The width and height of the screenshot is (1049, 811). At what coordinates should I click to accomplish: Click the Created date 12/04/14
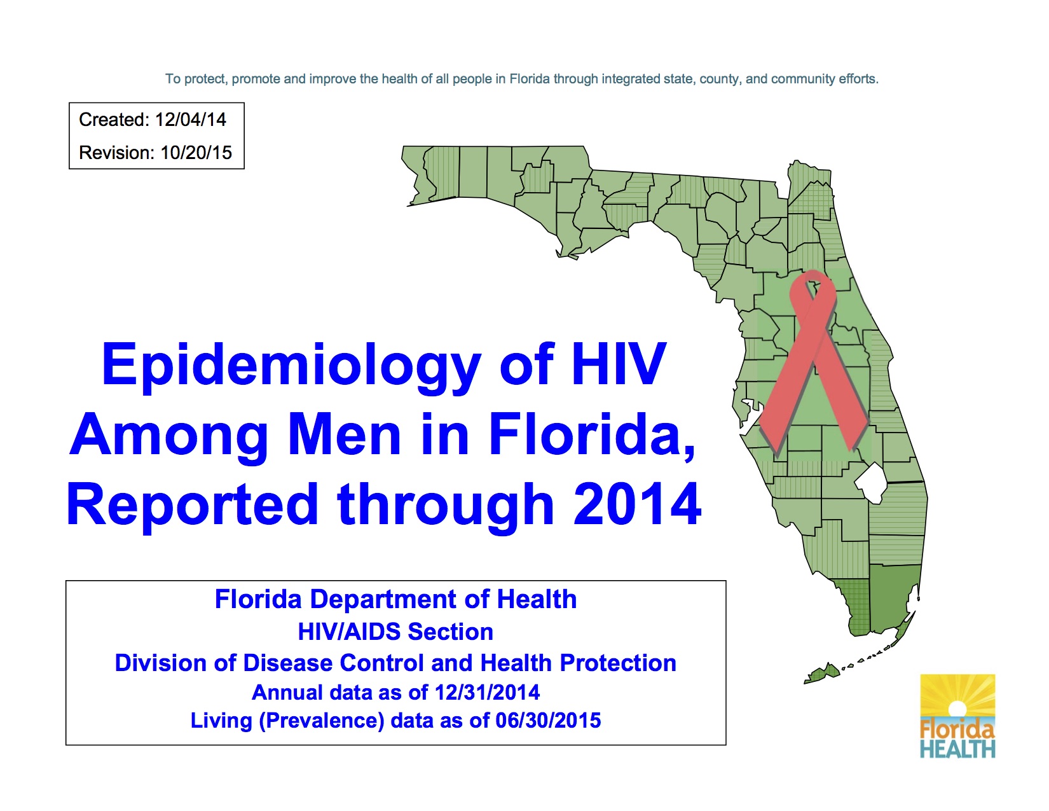[191, 120]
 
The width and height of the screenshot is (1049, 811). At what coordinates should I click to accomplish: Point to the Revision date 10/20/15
[196, 153]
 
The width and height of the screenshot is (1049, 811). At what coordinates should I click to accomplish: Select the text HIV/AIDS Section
[395, 632]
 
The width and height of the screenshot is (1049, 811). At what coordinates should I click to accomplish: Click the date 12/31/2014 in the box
[487, 692]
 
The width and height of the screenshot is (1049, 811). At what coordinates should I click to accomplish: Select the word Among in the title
[169, 435]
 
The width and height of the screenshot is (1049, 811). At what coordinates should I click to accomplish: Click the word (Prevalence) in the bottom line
[321, 721]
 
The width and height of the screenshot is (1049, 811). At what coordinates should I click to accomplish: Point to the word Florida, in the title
[591, 435]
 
